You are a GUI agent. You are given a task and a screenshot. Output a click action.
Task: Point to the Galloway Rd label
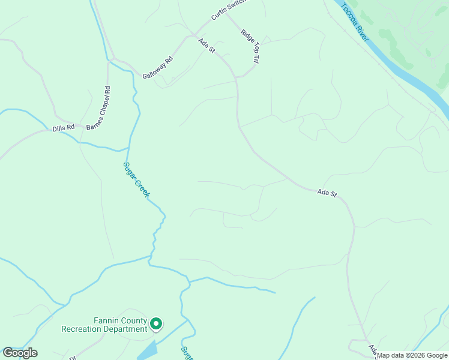(x=158, y=68)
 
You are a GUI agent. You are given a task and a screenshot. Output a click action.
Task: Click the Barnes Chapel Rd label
(x=99, y=109)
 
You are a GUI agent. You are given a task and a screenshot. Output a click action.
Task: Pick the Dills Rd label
(x=63, y=128)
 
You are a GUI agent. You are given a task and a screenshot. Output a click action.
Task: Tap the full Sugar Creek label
(x=136, y=180)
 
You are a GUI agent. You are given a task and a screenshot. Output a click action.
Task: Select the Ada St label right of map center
(x=327, y=193)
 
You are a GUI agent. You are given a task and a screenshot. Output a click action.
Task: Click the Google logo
(x=20, y=353)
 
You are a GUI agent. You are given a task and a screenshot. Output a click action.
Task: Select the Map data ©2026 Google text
(x=412, y=355)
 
